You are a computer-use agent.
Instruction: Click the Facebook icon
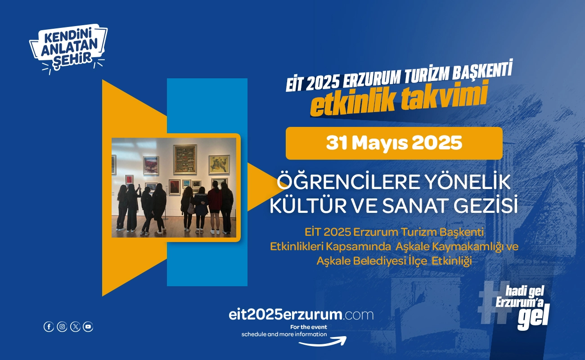[x=49, y=327]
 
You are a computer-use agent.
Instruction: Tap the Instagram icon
[x=62, y=327]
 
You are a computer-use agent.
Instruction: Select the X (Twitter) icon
[x=75, y=327]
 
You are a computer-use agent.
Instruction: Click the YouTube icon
[x=88, y=327]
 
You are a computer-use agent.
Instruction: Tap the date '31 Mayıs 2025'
[x=394, y=143]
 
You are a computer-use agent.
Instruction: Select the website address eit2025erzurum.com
[x=301, y=315]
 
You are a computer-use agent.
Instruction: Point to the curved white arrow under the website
[x=323, y=342]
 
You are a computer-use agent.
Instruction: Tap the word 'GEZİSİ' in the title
[x=486, y=206]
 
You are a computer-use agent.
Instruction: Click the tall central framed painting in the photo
[x=185, y=159]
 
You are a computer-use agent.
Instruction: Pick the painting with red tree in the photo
[x=151, y=165]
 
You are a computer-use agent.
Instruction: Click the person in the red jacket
[x=215, y=207]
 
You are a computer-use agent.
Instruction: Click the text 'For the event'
[x=308, y=327]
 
